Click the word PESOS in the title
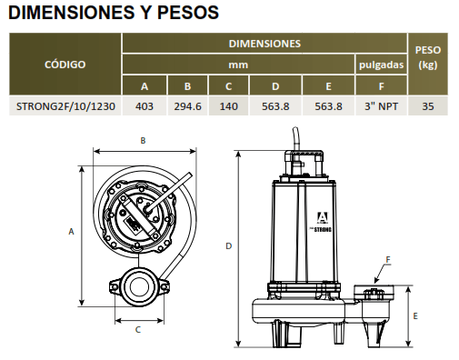pos(188,12)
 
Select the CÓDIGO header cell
pos(65,65)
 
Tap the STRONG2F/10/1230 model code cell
pos(65,106)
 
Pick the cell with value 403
pos(145,106)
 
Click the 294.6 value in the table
pos(187,106)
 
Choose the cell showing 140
pos(229,106)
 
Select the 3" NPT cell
pos(381,106)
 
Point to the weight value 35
pos(428,106)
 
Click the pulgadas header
pos(381,65)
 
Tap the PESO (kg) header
pos(428,57)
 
